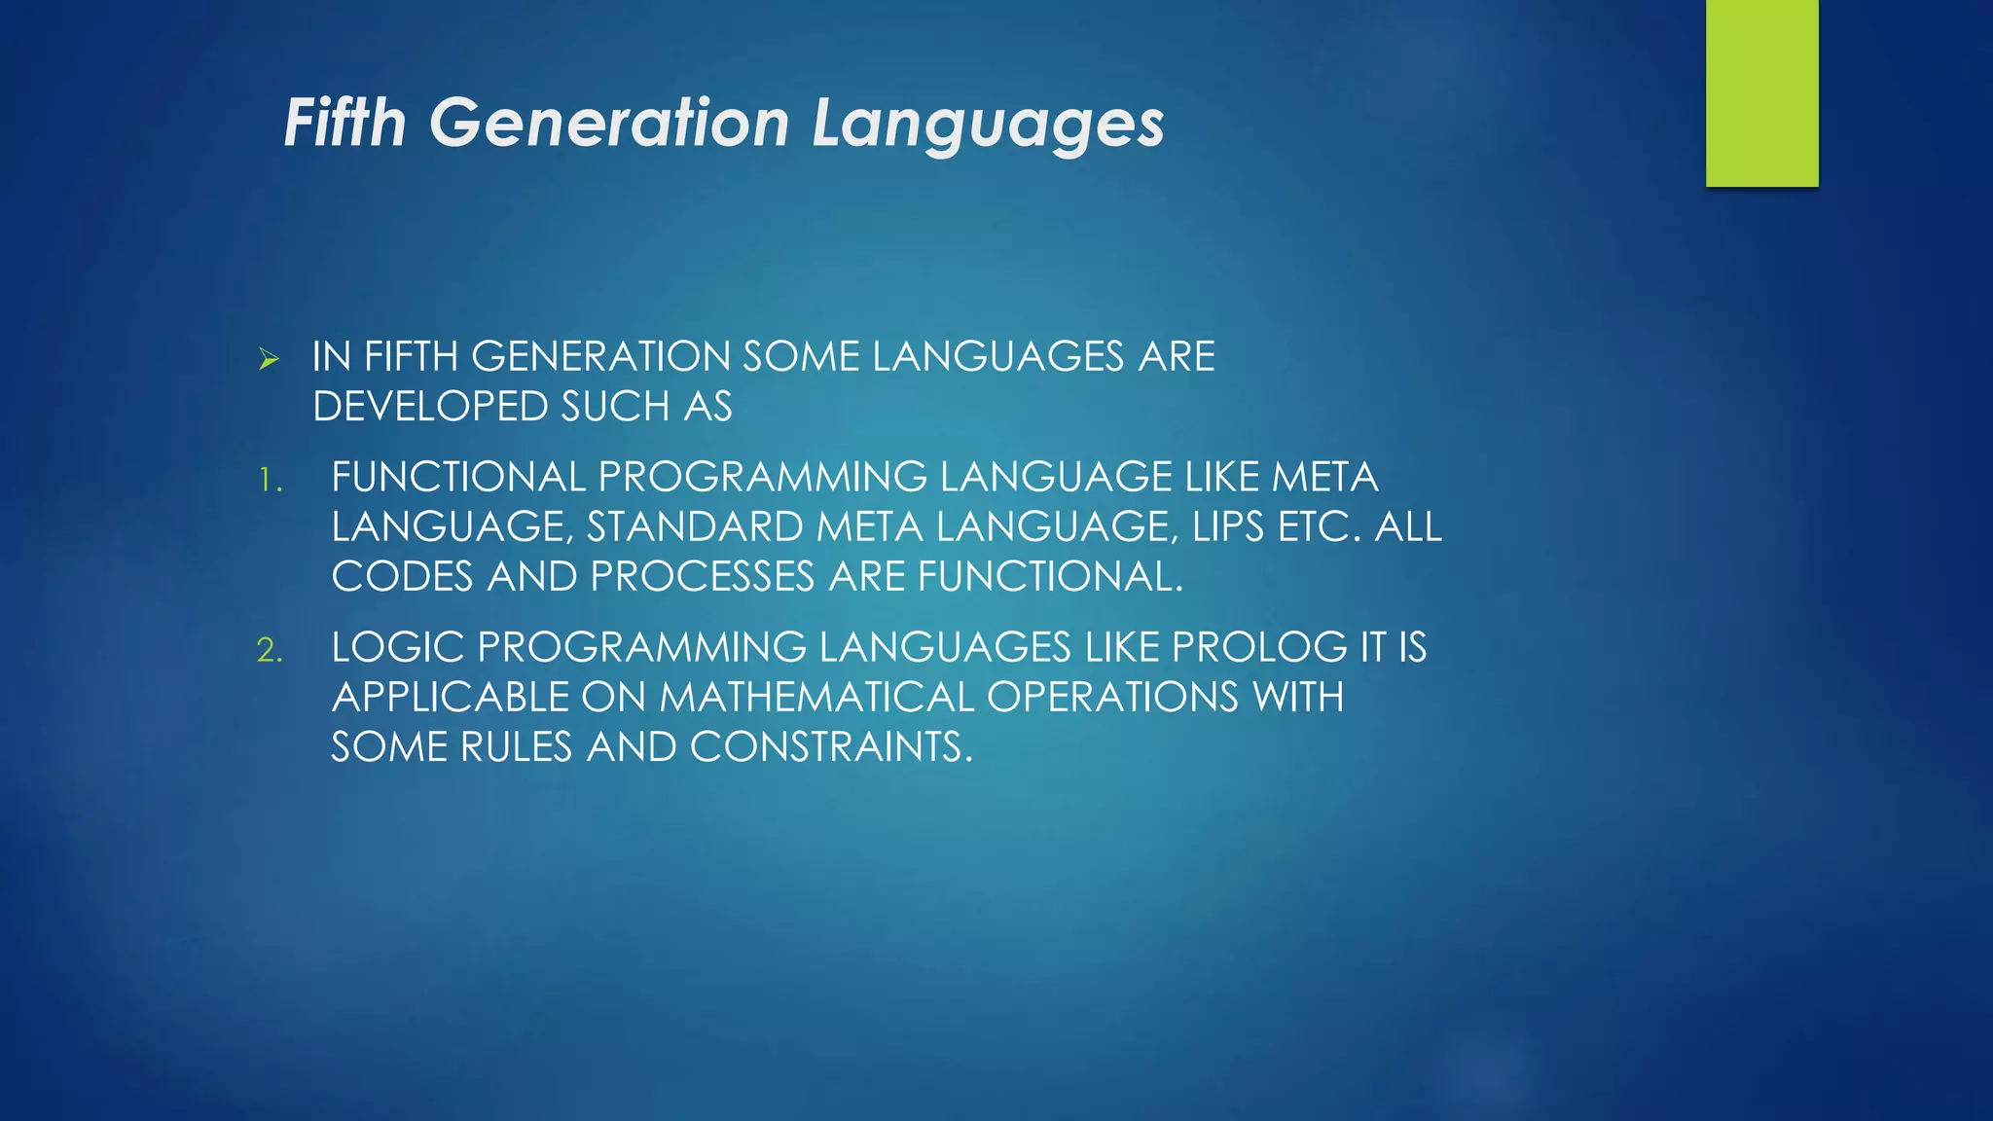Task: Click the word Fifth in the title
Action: click(344, 124)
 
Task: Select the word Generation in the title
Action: click(609, 124)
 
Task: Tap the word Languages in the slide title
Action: click(988, 126)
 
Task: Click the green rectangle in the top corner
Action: click(1761, 92)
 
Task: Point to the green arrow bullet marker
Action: click(270, 360)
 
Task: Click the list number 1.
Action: click(270, 481)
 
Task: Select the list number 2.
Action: click(270, 650)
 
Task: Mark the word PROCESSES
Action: click(702, 577)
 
